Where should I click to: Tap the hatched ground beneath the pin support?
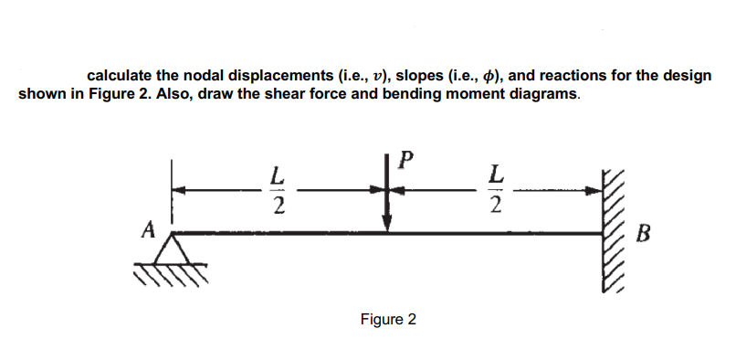173,271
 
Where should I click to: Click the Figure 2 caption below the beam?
388,320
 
